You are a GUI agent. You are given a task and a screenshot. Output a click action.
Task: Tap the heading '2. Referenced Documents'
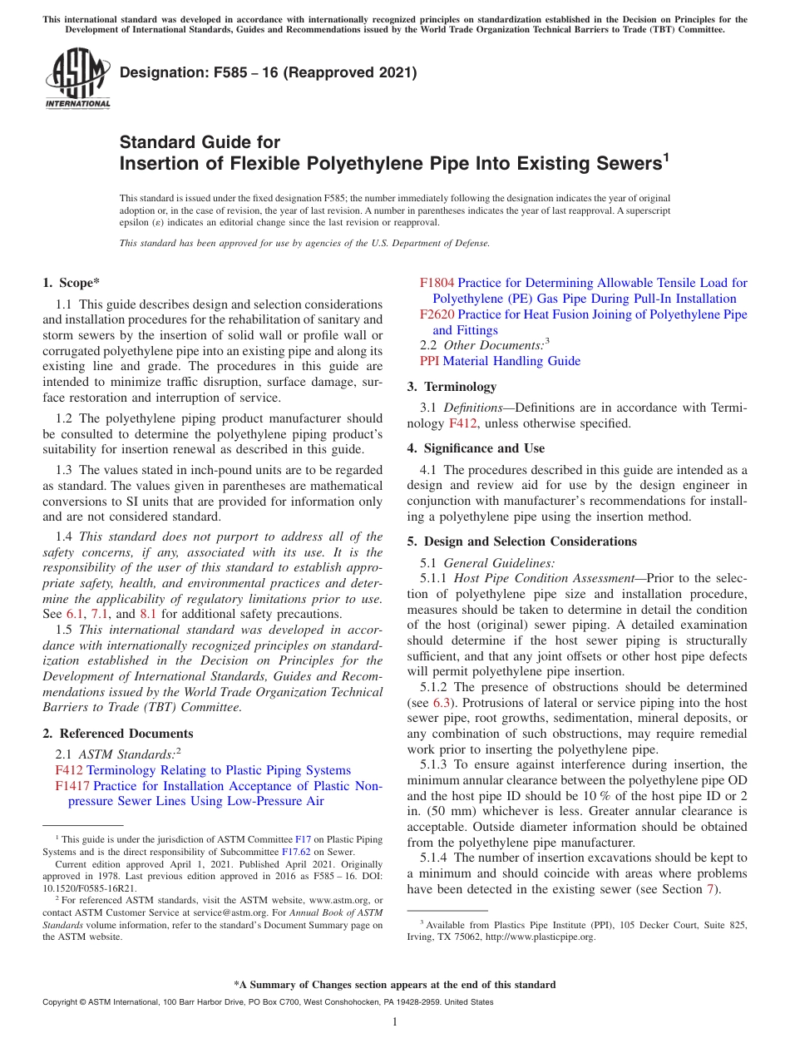tap(117, 734)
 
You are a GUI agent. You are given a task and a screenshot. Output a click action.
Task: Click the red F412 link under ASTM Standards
tap(69, 770)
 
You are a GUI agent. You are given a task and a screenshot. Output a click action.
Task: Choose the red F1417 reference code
tap(72, 785)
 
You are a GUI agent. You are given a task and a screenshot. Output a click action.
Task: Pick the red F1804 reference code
tap(437, 283)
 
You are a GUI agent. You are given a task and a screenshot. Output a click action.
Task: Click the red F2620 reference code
tap(437, 314)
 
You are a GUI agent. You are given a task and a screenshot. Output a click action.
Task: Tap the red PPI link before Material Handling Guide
tap(430, 361)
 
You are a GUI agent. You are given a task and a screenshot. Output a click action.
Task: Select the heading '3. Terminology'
tap(452, 387)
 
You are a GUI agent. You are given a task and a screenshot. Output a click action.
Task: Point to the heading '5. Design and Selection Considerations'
tap(521, 541)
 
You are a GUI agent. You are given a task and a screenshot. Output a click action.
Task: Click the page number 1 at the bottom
tap(395, 1022)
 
